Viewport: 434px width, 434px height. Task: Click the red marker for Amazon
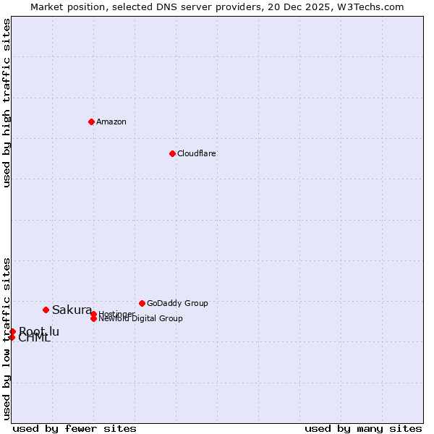tap(91, 122)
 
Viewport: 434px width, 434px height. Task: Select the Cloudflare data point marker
tap(172, 153)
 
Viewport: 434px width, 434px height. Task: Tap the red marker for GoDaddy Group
tap(142, 303)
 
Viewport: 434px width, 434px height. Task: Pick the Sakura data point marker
tap(46, 310)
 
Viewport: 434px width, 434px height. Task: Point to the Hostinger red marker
tap(93, 314)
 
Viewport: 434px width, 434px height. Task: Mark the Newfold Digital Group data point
tap(93, 319)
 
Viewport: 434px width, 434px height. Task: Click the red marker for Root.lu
tap(12, 331)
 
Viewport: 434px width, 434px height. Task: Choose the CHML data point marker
tap(12, 337)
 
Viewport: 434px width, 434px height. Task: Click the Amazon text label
tap(111, 122)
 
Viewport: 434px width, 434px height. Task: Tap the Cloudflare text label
tap(197, 153)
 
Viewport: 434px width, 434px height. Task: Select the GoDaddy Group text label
tap(177, 303)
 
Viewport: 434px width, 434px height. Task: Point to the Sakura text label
tap(72, 310)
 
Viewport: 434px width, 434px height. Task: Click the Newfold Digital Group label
tap(141, 319)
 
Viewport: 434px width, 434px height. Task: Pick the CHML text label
tap(35, 338)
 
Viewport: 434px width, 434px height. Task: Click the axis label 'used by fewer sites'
tap(75, 428)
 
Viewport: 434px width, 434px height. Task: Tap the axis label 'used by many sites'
tap(363, 428)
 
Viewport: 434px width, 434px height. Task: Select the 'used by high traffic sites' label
tap(7, 103)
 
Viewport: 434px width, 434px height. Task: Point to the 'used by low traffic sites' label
tap(7, 338)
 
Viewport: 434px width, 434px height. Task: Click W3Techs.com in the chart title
tap(369, 7)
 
